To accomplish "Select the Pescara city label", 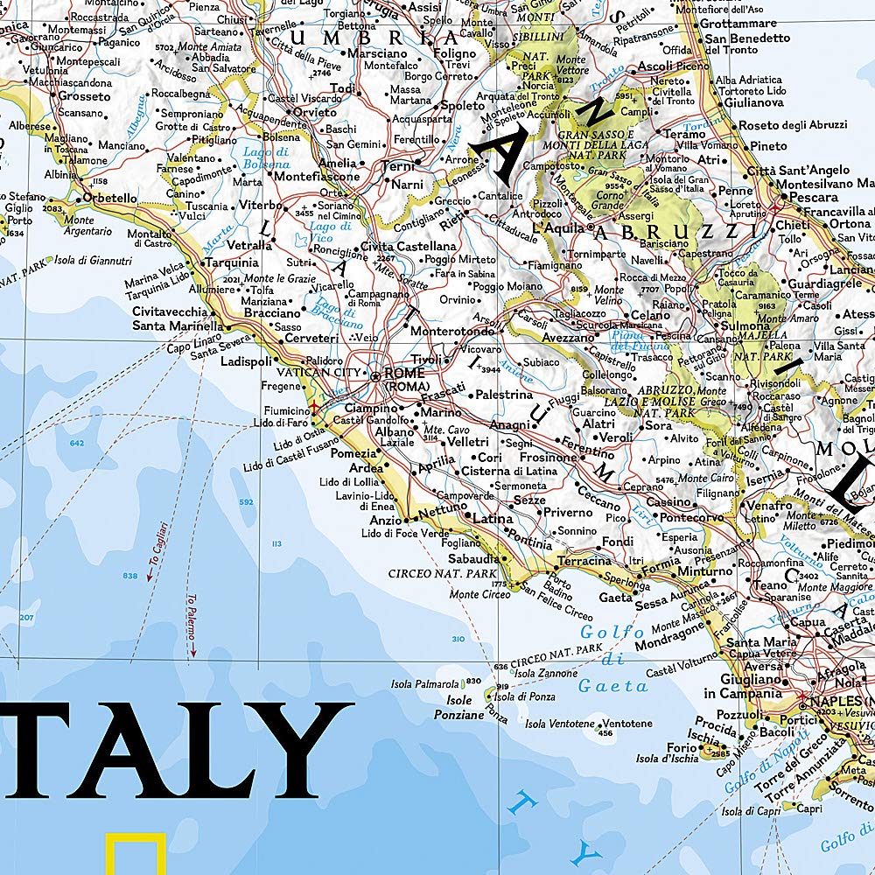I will [813, 198].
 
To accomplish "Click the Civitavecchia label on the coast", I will [169, 311].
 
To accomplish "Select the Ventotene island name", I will [627, 724].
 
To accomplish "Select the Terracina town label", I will [584, 561].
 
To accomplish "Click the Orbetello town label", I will [108, 199].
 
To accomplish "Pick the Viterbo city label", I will [255, 205].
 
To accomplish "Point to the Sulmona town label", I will [743, 325].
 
